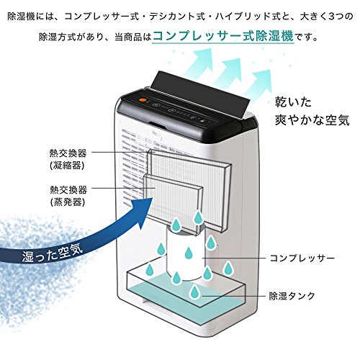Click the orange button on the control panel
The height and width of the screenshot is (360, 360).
143,100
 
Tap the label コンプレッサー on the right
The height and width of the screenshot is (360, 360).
302,258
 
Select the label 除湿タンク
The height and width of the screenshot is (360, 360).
292,296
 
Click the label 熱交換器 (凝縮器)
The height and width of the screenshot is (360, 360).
68,159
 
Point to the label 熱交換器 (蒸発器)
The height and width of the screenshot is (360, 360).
68,196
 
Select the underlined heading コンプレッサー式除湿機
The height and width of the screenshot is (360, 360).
223,36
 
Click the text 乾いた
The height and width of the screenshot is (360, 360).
293,102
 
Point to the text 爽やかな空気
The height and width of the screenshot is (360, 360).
312,120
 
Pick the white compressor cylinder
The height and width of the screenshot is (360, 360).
185,253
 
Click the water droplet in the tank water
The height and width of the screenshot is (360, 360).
194,292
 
